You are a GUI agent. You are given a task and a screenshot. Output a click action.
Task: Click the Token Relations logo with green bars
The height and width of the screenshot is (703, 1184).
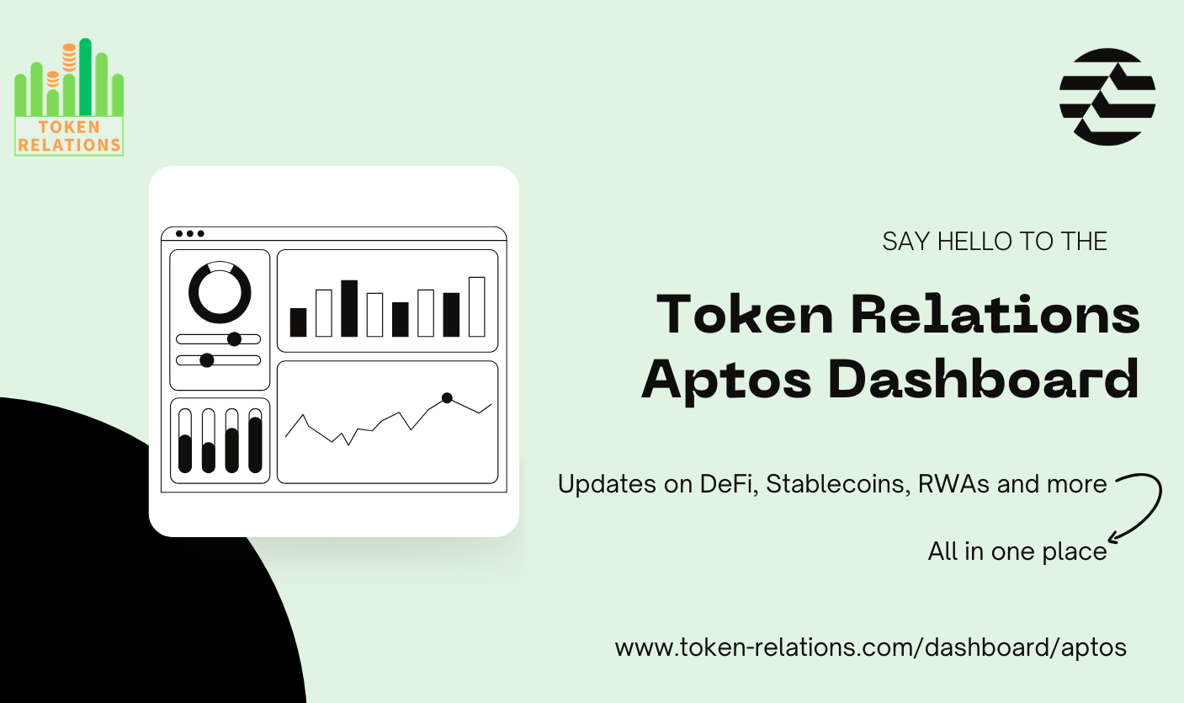click(x=69, y=97)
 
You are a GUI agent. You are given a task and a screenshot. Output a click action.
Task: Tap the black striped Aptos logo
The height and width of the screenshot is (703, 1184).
click(x=1107, y=96)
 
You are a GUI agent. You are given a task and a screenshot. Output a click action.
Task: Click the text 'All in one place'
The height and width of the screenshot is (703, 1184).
click(x=1017, y=551)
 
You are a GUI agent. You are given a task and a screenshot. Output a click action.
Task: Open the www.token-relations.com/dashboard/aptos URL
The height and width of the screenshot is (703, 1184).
click(x=870, y=647)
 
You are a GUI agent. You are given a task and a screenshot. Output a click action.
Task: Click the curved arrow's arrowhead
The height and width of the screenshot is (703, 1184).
click(x=1114, y=536)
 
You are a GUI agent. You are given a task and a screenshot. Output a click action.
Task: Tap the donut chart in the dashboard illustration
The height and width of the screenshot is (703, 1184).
click(x=220, y=292)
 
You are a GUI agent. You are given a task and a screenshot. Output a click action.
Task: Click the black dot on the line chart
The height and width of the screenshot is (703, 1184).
click(x=447, y=397)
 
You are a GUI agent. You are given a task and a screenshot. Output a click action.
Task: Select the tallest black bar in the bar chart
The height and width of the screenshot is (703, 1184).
click(x=349, y=308)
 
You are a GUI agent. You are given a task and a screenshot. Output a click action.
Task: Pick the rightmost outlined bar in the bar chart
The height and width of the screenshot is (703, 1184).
click(x=476, y=306)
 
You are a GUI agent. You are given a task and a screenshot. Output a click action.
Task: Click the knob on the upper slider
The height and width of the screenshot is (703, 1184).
click(x=234, y=338)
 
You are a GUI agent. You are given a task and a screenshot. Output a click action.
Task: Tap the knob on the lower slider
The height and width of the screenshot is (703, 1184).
click(x=207, y=359)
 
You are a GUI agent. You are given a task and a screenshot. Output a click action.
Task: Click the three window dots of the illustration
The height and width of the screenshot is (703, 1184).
click(x=189, y=233)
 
